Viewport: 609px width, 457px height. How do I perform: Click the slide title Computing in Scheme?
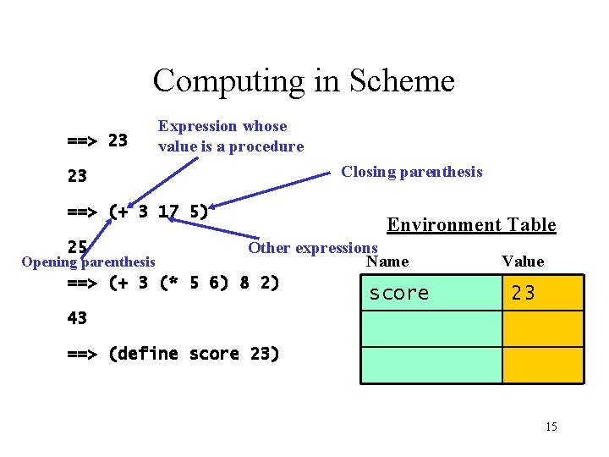[304, 81]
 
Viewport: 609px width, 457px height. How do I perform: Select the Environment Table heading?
[471, 224]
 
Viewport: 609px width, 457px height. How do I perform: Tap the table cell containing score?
[431, 293]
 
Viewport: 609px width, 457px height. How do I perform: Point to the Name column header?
[387, 262]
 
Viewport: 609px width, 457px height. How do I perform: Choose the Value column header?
[523, 262]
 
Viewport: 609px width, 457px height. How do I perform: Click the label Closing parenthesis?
[412, 172]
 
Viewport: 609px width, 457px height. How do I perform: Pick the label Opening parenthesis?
[88, 262]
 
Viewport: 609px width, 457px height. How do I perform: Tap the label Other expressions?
[312, 248]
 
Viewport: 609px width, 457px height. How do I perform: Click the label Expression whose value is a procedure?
[231, 136]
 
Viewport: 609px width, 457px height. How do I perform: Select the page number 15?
[551, 427]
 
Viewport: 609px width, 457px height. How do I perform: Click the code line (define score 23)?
[173, 354]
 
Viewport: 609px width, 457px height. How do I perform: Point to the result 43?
[77, 318]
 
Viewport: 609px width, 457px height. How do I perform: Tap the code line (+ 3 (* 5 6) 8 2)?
[173, 282]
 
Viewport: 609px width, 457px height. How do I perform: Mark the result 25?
[77, 247]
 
